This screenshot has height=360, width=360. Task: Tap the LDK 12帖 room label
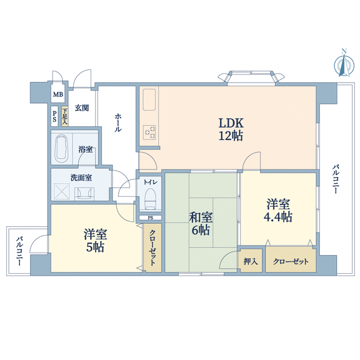(x=231, y=129)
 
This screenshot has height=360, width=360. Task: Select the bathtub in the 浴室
(x=62, y=147)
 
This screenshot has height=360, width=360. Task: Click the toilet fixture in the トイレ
(x=151, y=199)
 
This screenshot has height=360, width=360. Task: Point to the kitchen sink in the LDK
(x=149, y=99)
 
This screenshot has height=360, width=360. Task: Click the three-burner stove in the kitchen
(x=149, y=132)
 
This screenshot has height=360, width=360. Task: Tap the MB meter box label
(x=58, y=94)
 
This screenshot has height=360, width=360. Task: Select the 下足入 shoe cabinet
(x=65, y=116)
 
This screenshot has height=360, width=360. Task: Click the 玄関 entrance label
(x=82, y=107)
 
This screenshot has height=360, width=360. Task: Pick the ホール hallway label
(x=117, y=122)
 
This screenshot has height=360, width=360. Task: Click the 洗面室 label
(x=81, y=177)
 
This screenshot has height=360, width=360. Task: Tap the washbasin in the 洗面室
(x=84, y=194)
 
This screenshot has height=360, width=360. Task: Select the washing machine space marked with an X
(x=61, y=192)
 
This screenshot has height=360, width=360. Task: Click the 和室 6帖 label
(x=201, y=224)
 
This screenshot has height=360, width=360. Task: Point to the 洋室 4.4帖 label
(x=278, y=210)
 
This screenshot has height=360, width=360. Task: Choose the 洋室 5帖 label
(x=95, y=241)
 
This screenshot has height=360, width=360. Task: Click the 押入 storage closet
(x=250, y=261)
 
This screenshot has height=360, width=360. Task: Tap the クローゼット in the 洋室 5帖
(x=152, y=248)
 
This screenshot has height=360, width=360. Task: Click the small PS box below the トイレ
(x=151, y=217)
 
